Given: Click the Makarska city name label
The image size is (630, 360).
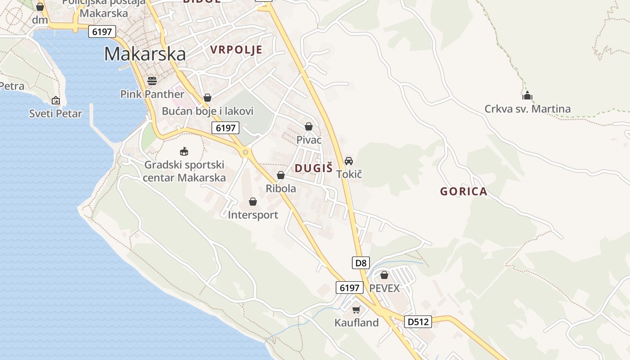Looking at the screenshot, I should click(x=145, y=54).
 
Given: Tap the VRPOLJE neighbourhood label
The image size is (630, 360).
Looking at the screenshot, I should click(x=236, y=50).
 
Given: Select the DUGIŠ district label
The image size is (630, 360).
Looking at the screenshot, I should click(x=314, y=168).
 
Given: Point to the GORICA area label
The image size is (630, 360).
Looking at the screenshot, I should click(x=463, y=191).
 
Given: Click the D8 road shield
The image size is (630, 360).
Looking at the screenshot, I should click(x=361, y=263).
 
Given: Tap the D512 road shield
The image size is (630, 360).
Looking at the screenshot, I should click(x=418, y=321).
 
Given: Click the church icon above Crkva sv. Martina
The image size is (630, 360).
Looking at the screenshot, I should click(x=527, y=95).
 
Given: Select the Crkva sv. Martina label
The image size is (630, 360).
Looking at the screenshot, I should click(x=527, y=109).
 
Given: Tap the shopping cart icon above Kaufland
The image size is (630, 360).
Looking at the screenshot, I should click(x=356, y=310).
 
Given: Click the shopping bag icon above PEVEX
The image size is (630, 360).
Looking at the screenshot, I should click(x=384, y=274).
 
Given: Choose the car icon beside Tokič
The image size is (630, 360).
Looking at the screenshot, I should click(x=349, y=161).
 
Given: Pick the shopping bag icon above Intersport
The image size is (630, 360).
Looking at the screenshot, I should click(x=253, y=202).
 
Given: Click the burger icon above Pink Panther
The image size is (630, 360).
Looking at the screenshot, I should click(x=152, y=81).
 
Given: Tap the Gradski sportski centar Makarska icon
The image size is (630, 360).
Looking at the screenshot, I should click(x=184, y=151).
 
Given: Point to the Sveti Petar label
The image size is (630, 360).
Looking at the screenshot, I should click(x=56, y=113).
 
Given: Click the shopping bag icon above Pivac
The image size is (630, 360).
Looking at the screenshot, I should click(x=309, y=126).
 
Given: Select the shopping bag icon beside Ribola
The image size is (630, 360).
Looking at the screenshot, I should click(x=281, y=175).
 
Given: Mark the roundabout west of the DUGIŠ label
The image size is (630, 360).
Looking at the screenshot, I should click(x=245, y=153).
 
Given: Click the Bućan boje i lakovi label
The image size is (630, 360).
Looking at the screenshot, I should click(x=207, y=111).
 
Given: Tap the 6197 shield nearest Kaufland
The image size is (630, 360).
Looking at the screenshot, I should click(x=350, y=288).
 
